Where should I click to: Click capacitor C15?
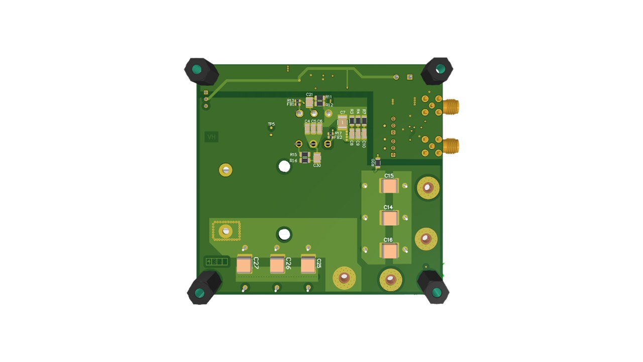(389, 187)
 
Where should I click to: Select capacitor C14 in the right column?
(389, 218)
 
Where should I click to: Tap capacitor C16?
(389, 250)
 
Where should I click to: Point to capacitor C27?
(244, 264)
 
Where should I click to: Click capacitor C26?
(277, 264)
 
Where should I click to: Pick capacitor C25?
(308, 264)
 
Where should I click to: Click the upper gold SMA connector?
(450, 107)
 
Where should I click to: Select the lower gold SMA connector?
(450, 146)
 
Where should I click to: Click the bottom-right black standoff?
(434, 288)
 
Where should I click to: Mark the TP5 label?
(271, 124)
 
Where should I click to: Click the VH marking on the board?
(211, 137)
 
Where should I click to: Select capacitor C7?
(342, 122)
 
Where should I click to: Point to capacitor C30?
(317, 158)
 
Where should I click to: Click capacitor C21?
(309, 102)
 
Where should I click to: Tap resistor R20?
(378, 163)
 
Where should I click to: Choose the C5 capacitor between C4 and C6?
(313, 129)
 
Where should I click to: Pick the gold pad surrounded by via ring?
(226, 230)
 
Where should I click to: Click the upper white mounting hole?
(284, 166)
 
